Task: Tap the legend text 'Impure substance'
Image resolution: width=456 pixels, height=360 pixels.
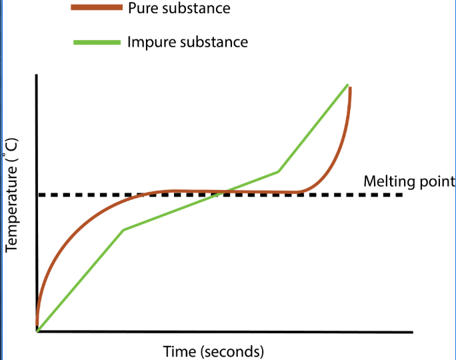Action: [x=187, y=43]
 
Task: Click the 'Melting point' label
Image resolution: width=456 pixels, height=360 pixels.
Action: [x=409, y=181]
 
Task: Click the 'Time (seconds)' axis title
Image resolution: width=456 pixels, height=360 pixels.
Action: [x=213, y=350]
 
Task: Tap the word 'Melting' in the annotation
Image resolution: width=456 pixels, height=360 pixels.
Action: [x=385, y=181]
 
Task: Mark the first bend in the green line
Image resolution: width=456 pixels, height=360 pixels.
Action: [x=124, y=230]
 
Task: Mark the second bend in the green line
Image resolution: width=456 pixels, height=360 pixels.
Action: [x=278, y=171]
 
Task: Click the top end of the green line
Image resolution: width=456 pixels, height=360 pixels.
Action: [x=347, y=85]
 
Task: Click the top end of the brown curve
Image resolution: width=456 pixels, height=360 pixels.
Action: [x=350, y=88]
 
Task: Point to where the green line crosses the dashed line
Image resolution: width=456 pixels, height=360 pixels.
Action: [x=225, y=193]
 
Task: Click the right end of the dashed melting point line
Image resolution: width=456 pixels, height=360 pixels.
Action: [x=402, y=195]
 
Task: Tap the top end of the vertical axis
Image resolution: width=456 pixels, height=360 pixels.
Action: [x=37, y=76]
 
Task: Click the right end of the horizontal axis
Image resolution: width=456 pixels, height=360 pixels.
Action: [x=412, y=331]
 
